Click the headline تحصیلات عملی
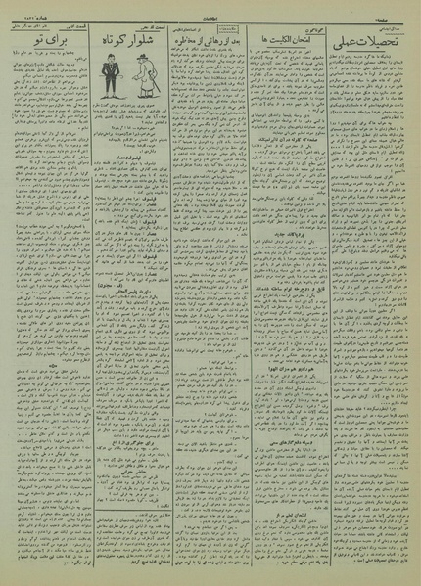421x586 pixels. click(367, 44)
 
